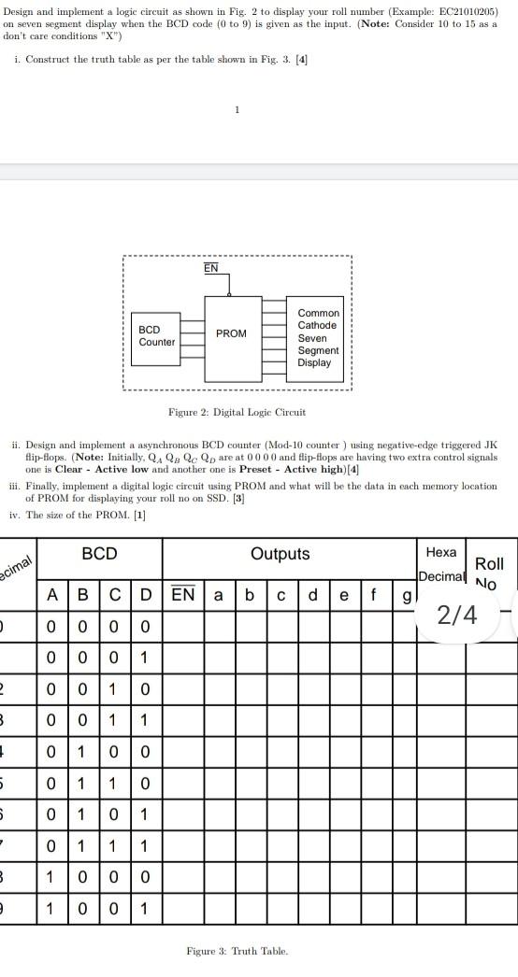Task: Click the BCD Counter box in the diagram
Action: tap(156, 336)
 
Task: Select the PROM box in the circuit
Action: tap(231, 333)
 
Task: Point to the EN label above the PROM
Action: tap(211, 268)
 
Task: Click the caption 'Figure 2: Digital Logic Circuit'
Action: tap(237, 412)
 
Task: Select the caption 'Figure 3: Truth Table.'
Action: tap(237, 951)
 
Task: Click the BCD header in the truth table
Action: tap(100, 554)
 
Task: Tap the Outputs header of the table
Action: tap(281, 554)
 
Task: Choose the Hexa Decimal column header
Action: tap(440, 564)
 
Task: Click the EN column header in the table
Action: tap(183, 595)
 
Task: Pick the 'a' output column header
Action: tap(218, 595)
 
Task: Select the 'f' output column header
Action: tap(375, 595)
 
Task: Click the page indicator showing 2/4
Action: tap(457, 615)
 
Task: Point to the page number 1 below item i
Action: tap(237, 109)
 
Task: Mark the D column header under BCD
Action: tap(145, 595)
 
